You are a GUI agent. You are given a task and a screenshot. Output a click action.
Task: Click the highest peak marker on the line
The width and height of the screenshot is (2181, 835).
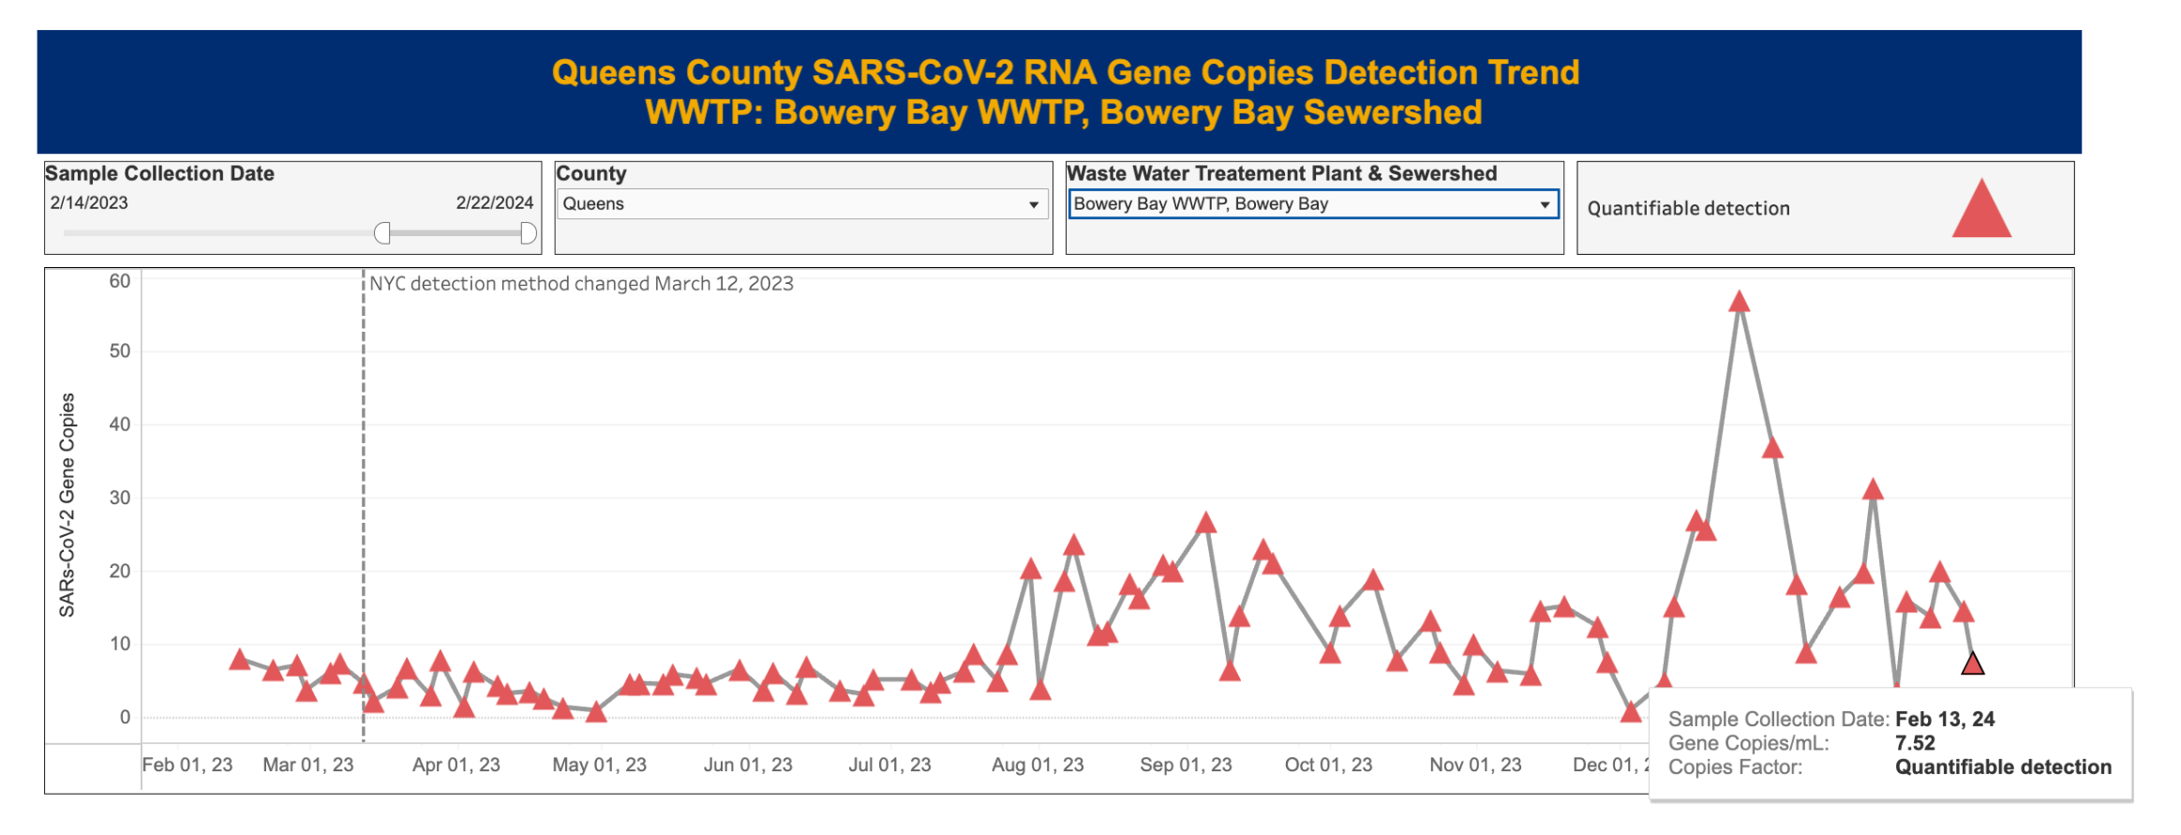point(1739,302)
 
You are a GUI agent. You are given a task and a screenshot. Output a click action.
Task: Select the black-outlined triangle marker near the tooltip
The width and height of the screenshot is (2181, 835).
point(1972,664)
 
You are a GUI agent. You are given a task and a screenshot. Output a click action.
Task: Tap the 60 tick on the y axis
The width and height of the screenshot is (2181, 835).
point(119,281)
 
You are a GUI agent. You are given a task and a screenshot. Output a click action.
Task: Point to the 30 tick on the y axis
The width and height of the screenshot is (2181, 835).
point(119,498)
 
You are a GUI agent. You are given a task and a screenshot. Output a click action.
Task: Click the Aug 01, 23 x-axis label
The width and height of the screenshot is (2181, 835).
point(1038,765)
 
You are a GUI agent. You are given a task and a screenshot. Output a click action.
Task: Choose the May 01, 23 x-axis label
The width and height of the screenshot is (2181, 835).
point(599,765)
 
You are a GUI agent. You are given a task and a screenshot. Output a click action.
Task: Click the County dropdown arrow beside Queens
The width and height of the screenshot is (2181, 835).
point(1033,204)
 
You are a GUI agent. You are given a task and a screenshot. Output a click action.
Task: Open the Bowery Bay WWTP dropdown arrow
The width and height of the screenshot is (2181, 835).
point(1544,204)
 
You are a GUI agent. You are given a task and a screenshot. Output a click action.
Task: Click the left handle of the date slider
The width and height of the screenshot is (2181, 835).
point(382,233)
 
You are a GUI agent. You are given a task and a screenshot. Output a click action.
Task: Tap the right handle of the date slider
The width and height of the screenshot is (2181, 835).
point(528,233)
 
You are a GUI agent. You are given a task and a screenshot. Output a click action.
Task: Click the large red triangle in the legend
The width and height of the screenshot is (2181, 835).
point(1980,210)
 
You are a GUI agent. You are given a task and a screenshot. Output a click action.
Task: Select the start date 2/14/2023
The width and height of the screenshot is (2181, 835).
point(89,202)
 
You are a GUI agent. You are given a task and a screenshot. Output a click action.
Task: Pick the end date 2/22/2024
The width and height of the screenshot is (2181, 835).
point(494,202)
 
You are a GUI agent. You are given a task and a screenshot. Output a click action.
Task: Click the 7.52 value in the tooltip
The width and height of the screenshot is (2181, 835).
point(1915,743)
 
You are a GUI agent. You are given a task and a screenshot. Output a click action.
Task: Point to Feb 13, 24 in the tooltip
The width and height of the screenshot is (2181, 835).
point(1945,719)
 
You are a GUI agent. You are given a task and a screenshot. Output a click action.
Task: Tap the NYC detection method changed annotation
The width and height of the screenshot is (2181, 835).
point(581,284)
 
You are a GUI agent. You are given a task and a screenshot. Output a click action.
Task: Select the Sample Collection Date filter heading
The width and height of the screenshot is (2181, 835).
point(159,173)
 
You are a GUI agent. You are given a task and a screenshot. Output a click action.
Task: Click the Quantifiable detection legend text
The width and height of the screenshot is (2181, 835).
point(1688,208)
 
